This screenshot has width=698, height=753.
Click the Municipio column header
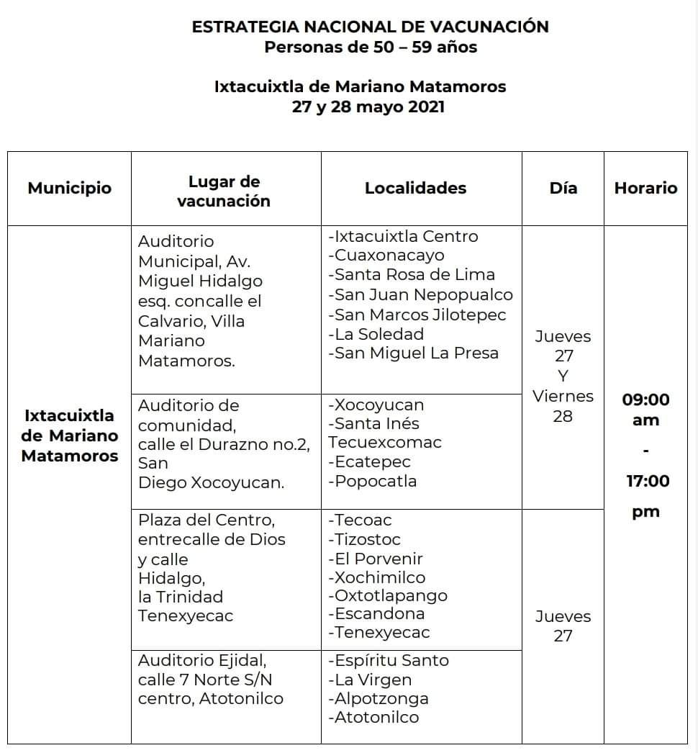[70, 189]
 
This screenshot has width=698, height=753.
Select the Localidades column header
[415, 189]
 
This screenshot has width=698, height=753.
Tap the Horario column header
[645, 189]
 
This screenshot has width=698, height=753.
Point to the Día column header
[563, 189]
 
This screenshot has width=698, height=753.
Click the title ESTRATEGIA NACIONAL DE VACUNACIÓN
[370, 27]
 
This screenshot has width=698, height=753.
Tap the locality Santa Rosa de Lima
[414, 275]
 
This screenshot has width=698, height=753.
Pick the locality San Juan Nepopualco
[423, 295]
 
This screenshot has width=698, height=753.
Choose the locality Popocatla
[375, 482]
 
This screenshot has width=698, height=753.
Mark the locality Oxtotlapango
[390, 595]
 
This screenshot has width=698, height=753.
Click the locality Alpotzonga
[381, 698]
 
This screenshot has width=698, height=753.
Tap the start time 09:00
[645, 400]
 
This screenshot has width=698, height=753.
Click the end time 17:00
[647, 481]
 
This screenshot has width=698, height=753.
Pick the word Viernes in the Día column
[563, 397]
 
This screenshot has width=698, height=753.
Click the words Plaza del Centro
[207, 520]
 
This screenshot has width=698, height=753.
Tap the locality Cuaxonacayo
[389, 256]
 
